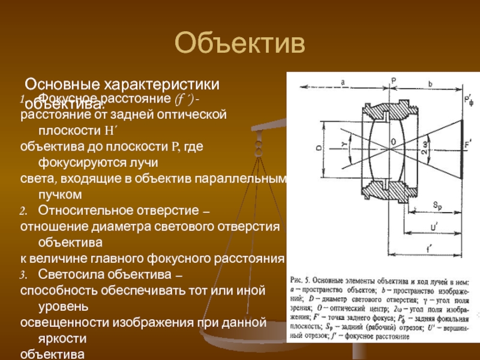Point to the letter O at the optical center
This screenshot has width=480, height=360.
[394, 142]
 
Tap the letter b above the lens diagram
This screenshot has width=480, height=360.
[430, 85]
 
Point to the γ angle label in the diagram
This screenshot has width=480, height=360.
[344, 145]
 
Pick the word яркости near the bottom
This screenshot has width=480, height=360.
[64, 339]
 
